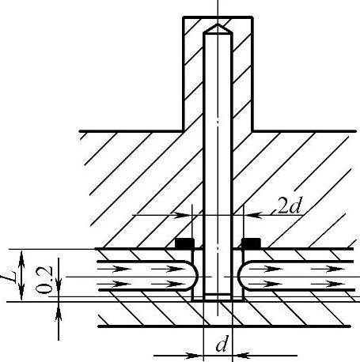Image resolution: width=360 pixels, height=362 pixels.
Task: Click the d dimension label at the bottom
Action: [222, 344]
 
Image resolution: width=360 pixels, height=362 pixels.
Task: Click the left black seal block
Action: [185, 243]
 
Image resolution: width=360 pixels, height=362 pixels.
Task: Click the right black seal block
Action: [251, 243]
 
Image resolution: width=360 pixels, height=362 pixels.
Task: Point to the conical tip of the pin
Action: [218, 28]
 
